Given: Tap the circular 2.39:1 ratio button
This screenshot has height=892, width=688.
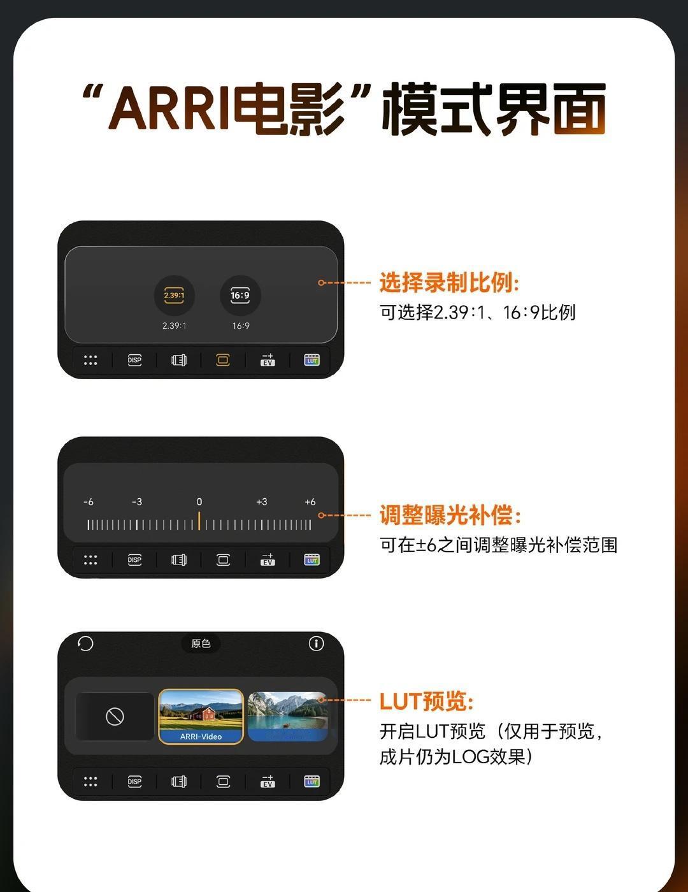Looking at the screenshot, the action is [x=174, y=295].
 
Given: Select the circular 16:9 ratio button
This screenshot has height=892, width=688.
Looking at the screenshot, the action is [x=240, y=295].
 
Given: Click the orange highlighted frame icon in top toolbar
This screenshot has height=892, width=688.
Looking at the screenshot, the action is [x=223, y=361].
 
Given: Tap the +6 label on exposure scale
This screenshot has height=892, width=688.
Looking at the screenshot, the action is [x=310, y=501].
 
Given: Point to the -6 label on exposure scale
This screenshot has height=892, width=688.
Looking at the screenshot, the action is [x=88, y=501].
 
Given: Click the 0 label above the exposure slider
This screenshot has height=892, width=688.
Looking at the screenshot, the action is [x=199, y=501].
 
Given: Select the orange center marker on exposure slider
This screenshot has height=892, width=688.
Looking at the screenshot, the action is [x=199, y=521].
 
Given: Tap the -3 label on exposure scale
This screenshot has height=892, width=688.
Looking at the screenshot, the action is [x=137, y=501].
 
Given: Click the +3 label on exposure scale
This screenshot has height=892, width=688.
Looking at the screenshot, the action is [x=262, y=501].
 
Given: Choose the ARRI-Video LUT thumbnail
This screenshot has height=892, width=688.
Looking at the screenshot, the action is [x=201, y=717].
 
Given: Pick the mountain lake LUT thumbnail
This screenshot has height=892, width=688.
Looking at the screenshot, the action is [x=287, y=717].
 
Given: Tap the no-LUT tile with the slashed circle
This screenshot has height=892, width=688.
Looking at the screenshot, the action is [x=115, y=717].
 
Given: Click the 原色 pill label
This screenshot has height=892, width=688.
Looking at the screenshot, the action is [x=201, y=644].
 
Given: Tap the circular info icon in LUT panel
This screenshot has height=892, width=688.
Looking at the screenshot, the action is [x=316, y=644].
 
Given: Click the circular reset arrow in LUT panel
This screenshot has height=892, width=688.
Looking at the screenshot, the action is [x=85, y=644].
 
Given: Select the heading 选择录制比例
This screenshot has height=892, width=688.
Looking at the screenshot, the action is [x=449, y=282].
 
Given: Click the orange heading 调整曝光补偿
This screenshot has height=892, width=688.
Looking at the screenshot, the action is [x=450, y=515].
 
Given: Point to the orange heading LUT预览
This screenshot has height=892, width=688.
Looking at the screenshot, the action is [x=426, y=701].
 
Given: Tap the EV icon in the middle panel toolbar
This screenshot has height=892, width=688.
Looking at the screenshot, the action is [x=268, y=559].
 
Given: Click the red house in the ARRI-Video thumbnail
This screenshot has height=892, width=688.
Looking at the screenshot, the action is [x=203, y=713].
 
